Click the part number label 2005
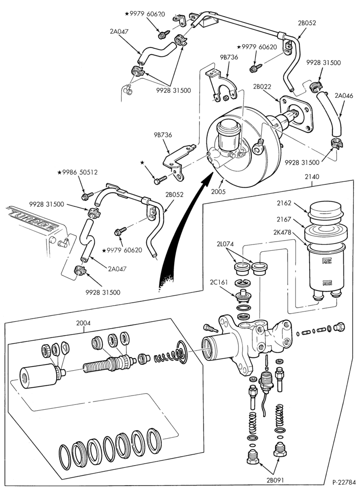(x=218, y=192)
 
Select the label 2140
(x=312, y=177)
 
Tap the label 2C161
(x=219, y=282)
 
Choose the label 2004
(x=83, y=323)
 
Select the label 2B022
(x=262, y=87)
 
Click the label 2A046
(x=344, y=96)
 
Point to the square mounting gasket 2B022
(x=296, y=114)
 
